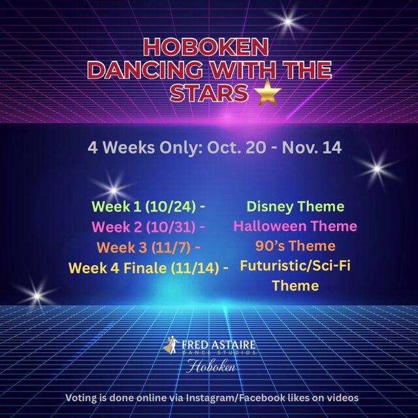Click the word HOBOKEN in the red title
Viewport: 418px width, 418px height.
click(x=206, y=47)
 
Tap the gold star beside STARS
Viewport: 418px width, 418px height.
click(x=268, y=92)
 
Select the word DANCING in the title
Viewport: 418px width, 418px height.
click(x=145, y=70)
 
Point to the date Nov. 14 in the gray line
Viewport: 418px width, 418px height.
click(x=312, y=147)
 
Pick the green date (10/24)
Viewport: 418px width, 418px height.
click(x=170, y=207)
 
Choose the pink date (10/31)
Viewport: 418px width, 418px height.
click(x=170, y=227)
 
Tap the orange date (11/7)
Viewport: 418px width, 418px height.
click(x=171, y=248)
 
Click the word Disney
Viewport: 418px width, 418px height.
click(x=270, y=207)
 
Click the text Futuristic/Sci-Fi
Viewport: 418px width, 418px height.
click(x=295, y=266)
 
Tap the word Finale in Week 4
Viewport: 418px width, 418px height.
click(x=145, y=268)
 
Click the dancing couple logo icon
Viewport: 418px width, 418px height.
click(x=171, y=345)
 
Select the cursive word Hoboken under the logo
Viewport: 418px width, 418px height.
click(x=211, y=366)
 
